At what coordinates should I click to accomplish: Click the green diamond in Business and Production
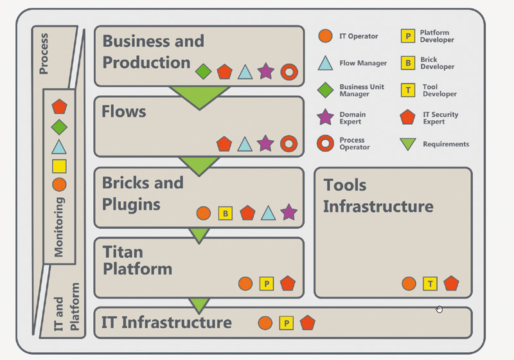(203, 71)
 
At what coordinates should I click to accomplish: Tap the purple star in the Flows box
(265, 143)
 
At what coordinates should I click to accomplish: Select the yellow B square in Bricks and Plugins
(226, 213)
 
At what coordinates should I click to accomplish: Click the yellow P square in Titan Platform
(267, 283)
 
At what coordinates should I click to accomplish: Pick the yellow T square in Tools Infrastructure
(430, 283)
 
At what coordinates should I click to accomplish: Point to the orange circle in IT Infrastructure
(265, 323)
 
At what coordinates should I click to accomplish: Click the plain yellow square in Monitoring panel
(59, 166)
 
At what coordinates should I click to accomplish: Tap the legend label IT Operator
(359, 36)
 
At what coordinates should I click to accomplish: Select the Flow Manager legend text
(363, 63)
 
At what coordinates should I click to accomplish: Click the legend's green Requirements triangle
(408, 143)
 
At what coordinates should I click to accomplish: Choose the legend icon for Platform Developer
(408, 36)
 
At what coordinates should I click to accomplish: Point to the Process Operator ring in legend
(325, 143)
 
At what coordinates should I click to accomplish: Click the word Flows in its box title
(124, 111)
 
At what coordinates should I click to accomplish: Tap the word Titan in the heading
(123, 252)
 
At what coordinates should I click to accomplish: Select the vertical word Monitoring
(58, 227)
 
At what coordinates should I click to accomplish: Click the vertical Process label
(44, 54)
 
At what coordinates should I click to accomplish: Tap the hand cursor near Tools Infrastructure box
(439, 309)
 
